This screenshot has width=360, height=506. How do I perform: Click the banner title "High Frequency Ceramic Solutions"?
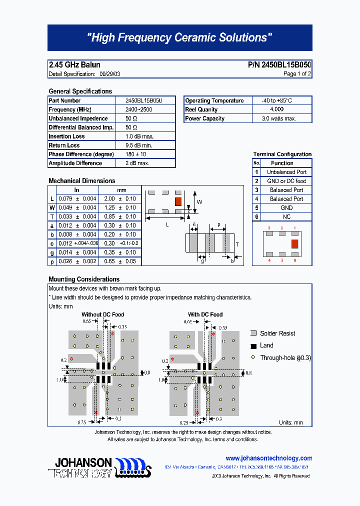[x=179, y=38]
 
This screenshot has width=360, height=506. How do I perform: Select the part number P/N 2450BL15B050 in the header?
[x=279, y=65]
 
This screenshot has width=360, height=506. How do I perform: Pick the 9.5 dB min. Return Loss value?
[x=139, y=145]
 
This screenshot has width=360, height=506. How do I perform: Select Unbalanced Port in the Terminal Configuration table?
[x=286, y=172]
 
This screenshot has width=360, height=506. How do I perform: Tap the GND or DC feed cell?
[x=286, y=181]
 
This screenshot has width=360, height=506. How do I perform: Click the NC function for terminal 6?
[x=286, y=217]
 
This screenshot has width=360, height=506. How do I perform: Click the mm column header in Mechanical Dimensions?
[x=121, y=190]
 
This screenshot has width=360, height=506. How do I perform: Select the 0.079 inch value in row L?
[x=65, y=199]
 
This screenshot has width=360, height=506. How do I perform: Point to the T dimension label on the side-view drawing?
[x=237, y=244]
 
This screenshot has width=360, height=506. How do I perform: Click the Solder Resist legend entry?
[x=277, y=333]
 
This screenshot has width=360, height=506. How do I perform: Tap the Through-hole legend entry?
[x=284, y=358]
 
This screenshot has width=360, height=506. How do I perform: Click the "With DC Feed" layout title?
[x=205, y=314]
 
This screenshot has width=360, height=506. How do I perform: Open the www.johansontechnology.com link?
[x=268, y=458]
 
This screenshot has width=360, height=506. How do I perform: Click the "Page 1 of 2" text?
[x=297, y=74]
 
